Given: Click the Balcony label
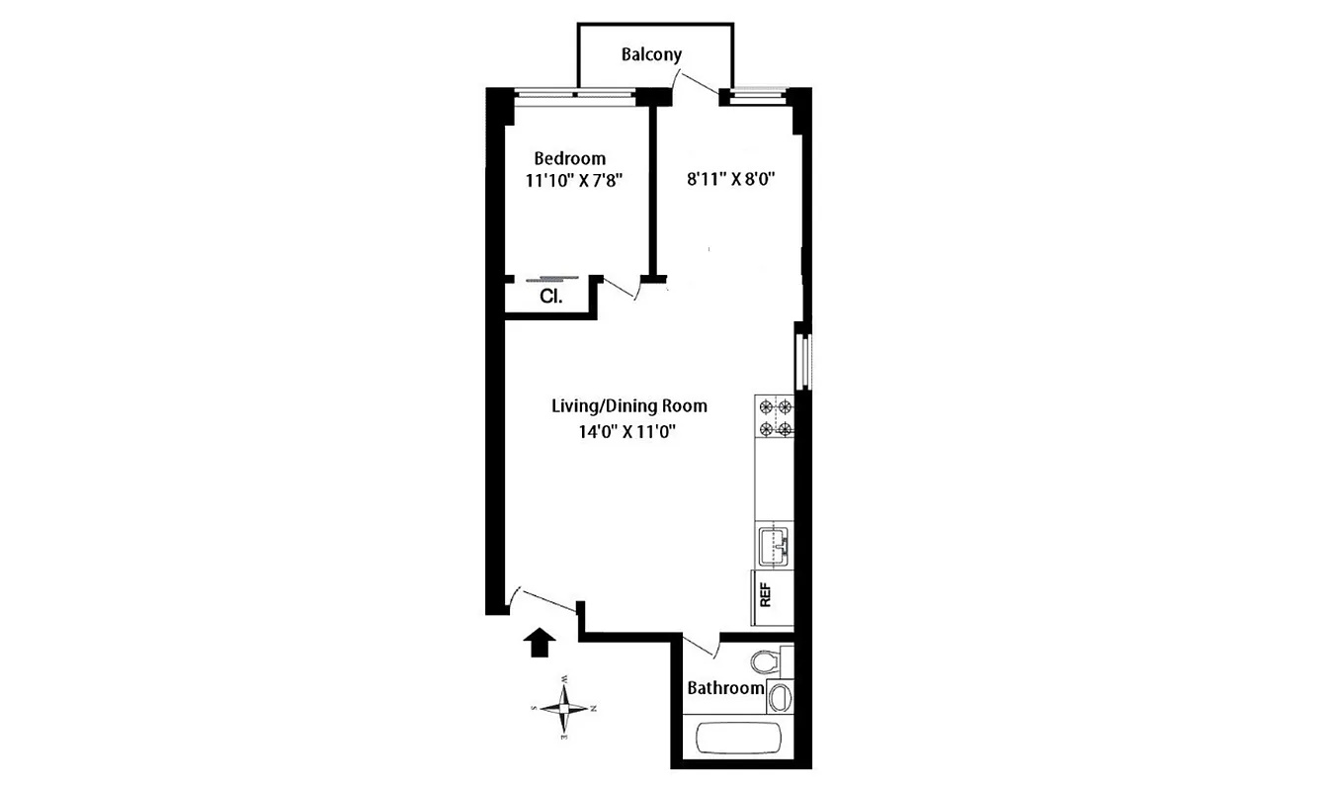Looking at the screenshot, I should click(651, 54).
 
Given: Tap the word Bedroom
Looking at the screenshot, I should click(569, 158).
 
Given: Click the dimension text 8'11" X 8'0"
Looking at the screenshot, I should click(730, 180).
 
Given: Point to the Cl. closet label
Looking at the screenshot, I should click(550, 296).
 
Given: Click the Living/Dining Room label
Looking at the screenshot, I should click(628, 405).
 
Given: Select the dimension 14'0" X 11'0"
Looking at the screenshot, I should click(628, 431).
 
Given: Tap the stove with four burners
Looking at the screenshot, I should click(775, 417).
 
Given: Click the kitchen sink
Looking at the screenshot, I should click(775, 545).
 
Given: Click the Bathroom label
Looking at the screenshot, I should click(725, 688).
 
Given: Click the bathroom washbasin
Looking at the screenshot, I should click(780, 696).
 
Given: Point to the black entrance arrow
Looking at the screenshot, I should click(539, 642).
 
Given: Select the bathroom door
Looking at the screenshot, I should click(700, 643).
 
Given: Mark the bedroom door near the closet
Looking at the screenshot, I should click(622, 288).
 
